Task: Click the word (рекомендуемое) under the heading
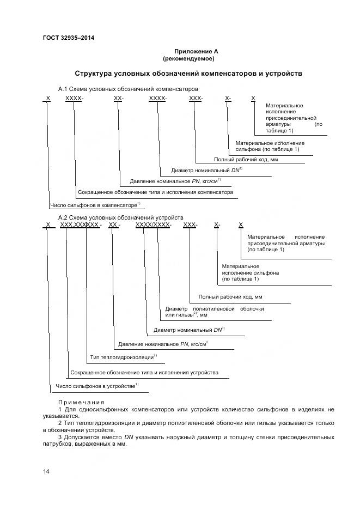click(188, 58)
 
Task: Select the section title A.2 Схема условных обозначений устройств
click(121, 217)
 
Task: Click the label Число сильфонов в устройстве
click(95, 386)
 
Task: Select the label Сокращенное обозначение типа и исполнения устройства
click(144, 373)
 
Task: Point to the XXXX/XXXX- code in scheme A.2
click(153, 224)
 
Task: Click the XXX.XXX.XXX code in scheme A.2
click(80, 224)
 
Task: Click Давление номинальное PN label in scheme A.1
click(174, 181)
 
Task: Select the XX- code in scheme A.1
click(119, 99)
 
